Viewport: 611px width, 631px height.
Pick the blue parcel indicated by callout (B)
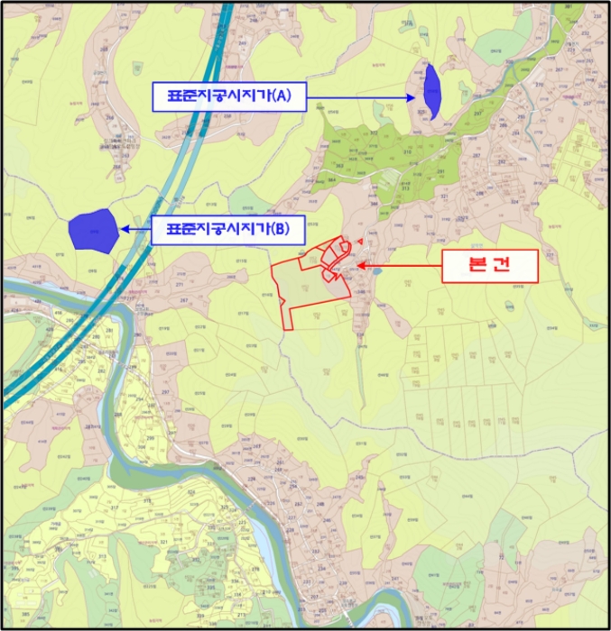pyautogui.click(x=93, y=230)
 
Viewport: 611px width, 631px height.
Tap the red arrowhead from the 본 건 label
pyautogui.click(x=357, y=266)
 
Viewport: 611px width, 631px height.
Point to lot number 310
pyautogui.click(x=406, y=152)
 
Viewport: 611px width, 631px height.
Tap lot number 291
pyautogui.click(x=441, y=171)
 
